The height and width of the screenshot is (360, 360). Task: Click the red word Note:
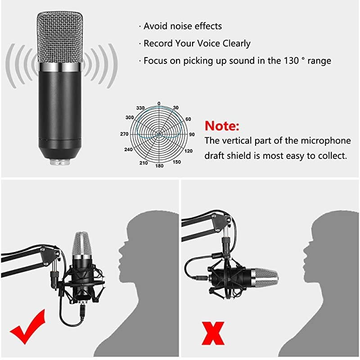coord(222,125)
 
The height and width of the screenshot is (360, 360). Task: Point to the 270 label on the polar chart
coord(125,134)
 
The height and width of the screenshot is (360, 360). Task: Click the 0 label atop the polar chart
coord(159,103)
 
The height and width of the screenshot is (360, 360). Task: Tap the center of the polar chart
coord(159,134)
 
